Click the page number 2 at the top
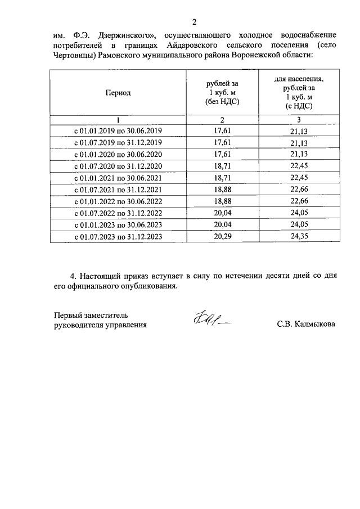coord(194,22)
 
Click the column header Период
coord(118,93)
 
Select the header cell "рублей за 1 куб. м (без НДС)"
coord(222,93)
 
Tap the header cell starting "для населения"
coord(299,92)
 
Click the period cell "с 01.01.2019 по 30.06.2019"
coord(118,130)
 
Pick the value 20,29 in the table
coord(222,237)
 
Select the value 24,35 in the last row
coord(299,237)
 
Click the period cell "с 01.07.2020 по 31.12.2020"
coord(118,166)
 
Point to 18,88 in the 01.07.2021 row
coord(222,190)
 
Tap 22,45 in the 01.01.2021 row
coord(299,178)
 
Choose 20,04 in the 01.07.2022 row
coord(222,213)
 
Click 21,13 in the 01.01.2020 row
coord(299,154)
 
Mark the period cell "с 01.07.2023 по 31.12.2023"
coord(118,237)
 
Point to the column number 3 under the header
coord(299,119)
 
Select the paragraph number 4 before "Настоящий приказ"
coord(73,277)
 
